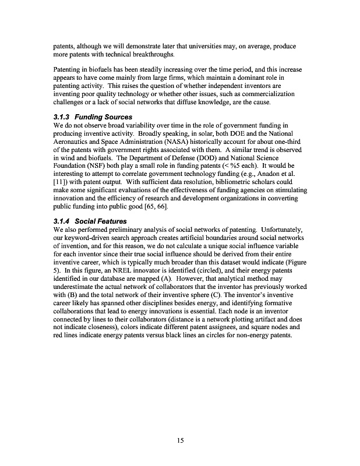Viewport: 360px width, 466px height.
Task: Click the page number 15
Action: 180,440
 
